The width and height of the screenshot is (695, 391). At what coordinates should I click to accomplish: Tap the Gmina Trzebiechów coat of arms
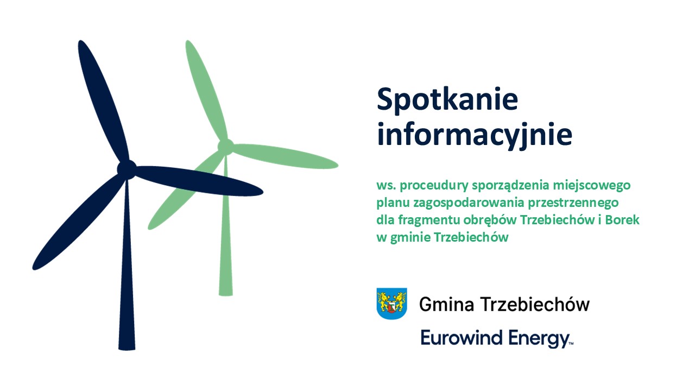[x=391, y=304]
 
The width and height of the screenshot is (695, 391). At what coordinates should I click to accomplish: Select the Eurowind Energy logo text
[x=497, y=338]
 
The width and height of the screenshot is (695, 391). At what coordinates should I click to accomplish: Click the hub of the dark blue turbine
[x=127, y=169]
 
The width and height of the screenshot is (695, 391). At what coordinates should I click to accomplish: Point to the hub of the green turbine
[x=225, y=147]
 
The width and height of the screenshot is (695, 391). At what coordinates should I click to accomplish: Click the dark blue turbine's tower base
[x=127, y=348]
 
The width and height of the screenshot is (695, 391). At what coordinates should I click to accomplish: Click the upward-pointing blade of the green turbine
[x=206, y=90]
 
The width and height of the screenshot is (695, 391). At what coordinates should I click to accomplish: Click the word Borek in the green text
[x=622, y=220]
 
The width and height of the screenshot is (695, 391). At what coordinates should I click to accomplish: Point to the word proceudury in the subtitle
[x=434, y=186]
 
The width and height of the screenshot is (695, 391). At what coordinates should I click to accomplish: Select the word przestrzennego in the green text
[x=573, y=203]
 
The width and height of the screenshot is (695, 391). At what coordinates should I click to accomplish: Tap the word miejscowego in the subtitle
[x=592, y=186]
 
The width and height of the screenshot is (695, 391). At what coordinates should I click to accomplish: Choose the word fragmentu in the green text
[x=429, y=220]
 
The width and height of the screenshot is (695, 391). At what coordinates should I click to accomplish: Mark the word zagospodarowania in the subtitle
[x=469, y=203]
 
